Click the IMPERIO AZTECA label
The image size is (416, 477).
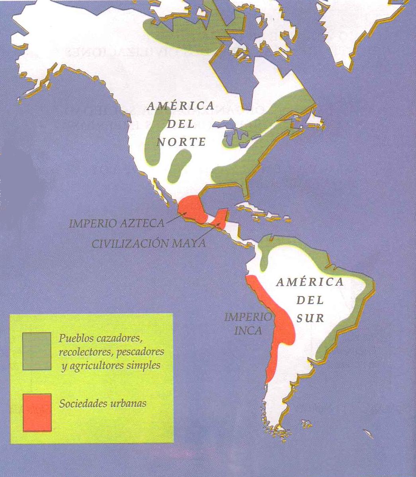pos(116,223)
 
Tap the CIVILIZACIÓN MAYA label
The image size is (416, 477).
pos(148,243)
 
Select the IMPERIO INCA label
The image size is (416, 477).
pos(248,323)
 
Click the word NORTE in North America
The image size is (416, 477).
pos(182,142)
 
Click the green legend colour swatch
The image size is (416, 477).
pos(37,351)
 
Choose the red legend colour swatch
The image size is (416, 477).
pos(37,412)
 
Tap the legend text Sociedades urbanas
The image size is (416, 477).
pos(103,403)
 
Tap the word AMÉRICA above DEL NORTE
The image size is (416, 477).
pos(180,106)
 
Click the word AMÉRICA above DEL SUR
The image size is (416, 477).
pos(310,282)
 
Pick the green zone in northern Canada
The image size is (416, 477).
pos(187,32)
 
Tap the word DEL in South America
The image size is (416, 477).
pos(309,300)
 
